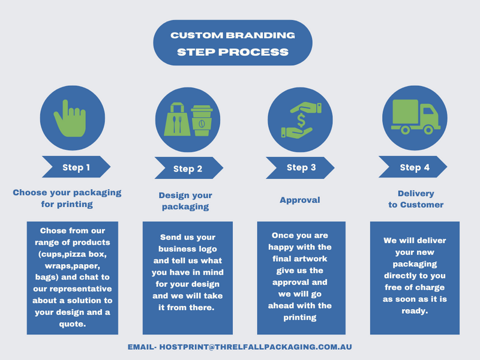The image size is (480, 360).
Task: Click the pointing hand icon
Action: [x=70, y=119]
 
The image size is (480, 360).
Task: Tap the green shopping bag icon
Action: [x=177, y=119]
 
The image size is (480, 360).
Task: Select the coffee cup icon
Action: [x=202, y=121]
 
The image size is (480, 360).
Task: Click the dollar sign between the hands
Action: [x=301, y=120]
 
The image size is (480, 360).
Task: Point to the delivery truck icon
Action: [x=415, y=117]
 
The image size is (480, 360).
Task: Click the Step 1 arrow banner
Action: [x=76, y=167]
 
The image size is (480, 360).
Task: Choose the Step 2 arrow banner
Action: [x=189, y=168]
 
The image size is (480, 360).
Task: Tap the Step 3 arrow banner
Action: [x=300, y=168]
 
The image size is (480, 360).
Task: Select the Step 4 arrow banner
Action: [x=413, y=167]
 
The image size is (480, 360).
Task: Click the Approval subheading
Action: [x=300, y=200]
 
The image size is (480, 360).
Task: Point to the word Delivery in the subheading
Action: [x=416, y=193]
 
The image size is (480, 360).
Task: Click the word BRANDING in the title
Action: [x=260, y=35]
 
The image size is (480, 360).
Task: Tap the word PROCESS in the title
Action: [x=253, y=52]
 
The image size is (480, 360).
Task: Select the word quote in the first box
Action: [x=71, y=324]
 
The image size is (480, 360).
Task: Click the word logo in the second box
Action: [x=208, y=249]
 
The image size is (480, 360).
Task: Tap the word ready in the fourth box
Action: [x=414, y=311]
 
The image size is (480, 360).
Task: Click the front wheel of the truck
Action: [x=428, y=130]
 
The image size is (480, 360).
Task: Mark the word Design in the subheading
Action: [x=171, y=196]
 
